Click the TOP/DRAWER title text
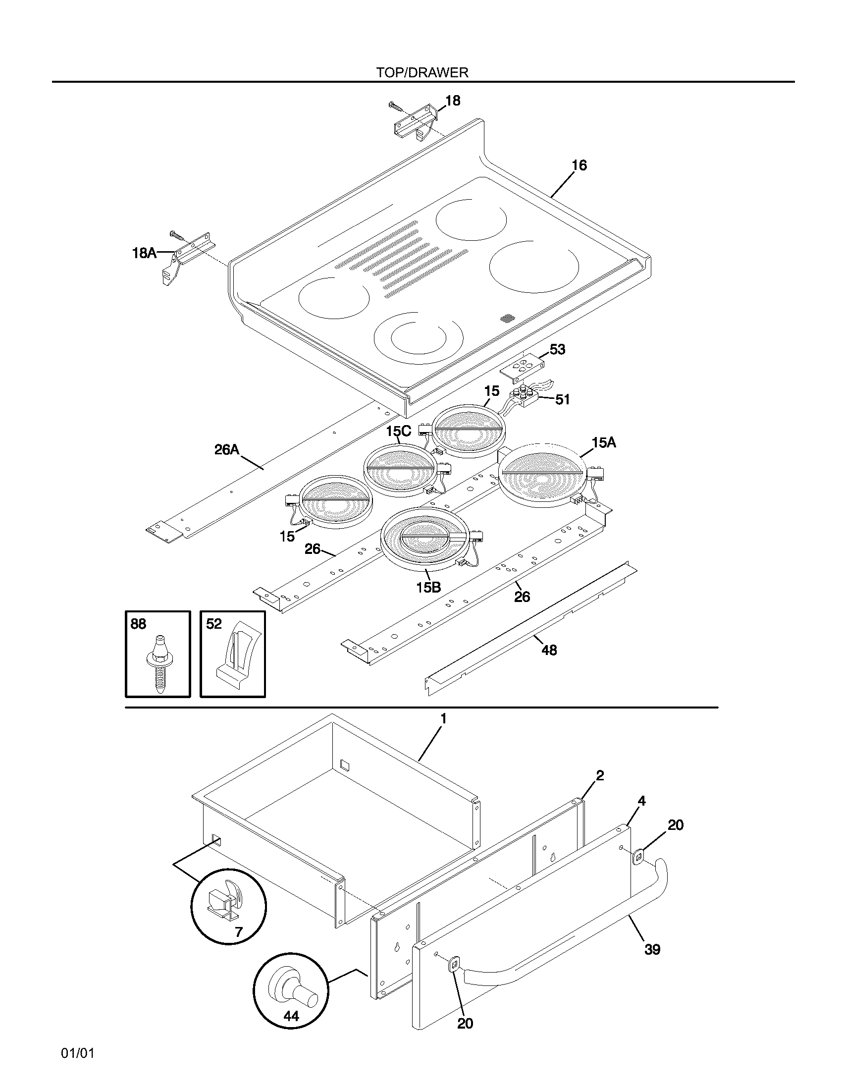[422, 73]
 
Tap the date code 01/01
[78, 1053]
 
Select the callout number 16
[579, 165]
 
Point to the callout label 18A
[144, 254]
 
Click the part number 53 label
[557, 349]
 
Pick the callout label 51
[562, 399]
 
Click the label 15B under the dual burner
[428, 588]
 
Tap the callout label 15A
[604, 442]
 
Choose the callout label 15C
[398, 431]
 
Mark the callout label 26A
[227, 450]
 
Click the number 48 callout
[549, 650]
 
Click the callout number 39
[652, 949]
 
